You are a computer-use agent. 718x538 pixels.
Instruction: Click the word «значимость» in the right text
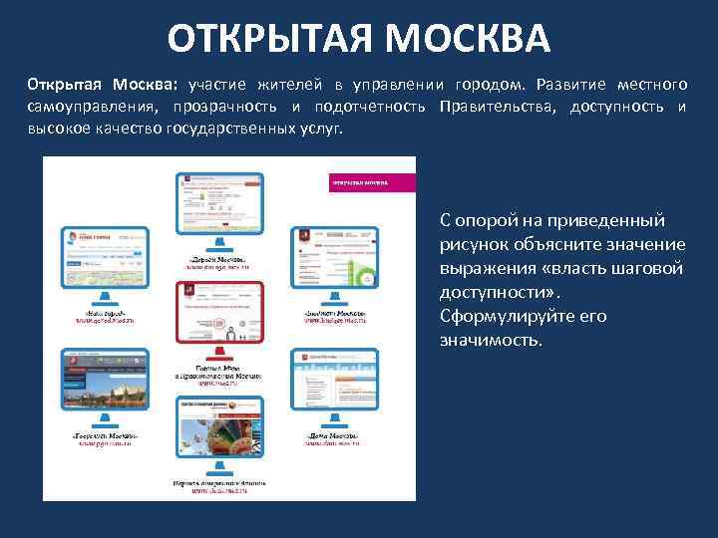tap(490, 341)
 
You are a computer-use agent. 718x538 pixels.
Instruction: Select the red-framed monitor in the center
tap(219, 316)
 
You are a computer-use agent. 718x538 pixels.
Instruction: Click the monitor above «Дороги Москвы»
tap(219, 204)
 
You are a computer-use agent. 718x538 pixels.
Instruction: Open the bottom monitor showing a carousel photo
tap(219, 432)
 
